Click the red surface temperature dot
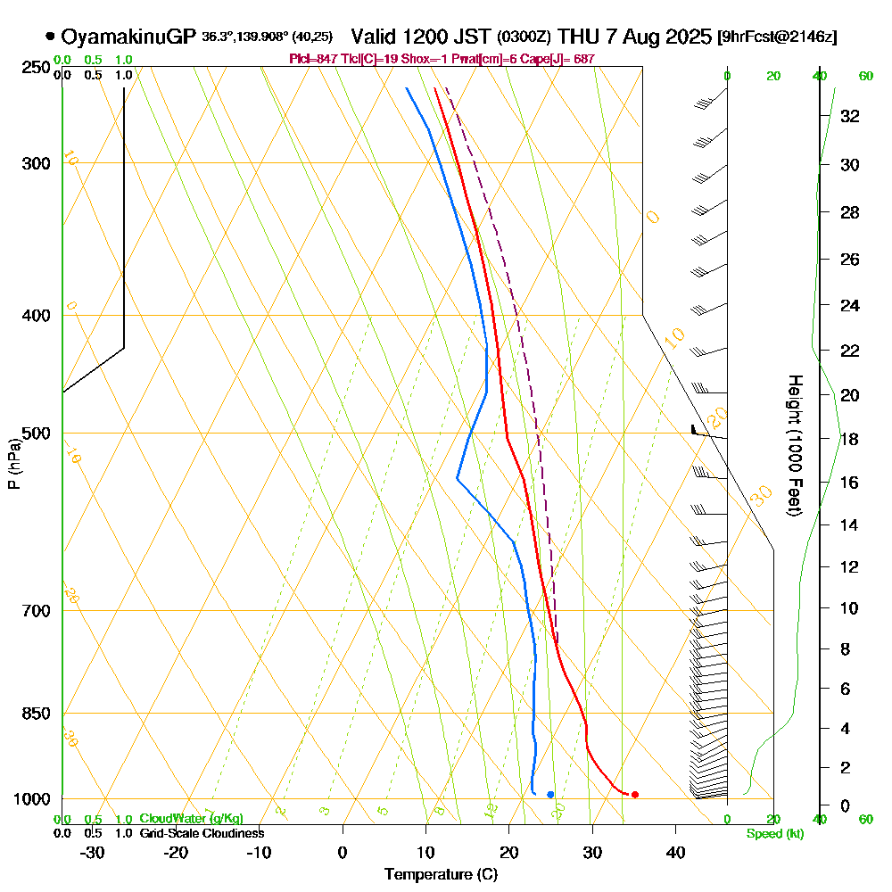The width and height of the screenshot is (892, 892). (x=634, y=794)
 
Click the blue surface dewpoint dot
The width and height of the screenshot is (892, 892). (x=550, y=794)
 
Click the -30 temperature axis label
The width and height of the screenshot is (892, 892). (x=93, y=852)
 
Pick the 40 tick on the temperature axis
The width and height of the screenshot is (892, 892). (x=675, y=852)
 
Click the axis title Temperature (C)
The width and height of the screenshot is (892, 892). (x=441, y=874)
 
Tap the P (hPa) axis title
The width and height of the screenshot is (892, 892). (x=13, y=464)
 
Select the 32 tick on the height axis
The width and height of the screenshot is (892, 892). (x=848, y=116)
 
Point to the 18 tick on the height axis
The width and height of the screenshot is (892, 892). (x=848, y=439)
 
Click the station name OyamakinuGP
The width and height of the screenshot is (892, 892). (x=128, y=37)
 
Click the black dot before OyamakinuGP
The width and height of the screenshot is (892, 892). (x=50, y=37)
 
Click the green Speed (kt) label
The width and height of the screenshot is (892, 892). (x=773, y=834)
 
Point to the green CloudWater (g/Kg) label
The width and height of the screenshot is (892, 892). (x=190, y=819)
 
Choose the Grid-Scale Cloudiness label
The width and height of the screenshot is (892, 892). (x=201, y=833)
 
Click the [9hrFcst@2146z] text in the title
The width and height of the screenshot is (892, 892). (x=777, y=37)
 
